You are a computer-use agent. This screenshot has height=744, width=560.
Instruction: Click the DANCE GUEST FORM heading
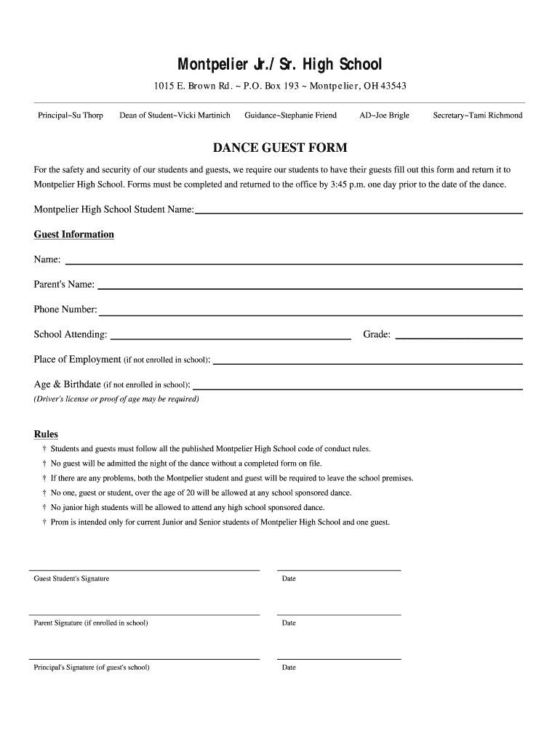pyautogui.click(x=280, y=148)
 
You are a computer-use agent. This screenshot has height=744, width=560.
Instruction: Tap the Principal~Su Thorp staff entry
pyautogui.click(x=71, y=116)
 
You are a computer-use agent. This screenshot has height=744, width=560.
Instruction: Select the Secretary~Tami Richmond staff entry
pyautogui.click(x=477, y=116)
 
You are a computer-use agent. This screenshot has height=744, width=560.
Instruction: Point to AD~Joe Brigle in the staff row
pyautogui.click(x=384, y=116)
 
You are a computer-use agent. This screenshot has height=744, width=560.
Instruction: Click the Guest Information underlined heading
pyautogui.click(x=74, y=235)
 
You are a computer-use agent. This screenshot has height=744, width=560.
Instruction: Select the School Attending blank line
pyautogui.click(x=230, y=339)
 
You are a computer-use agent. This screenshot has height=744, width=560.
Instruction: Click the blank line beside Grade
pyautogui.click(x=458, y=339)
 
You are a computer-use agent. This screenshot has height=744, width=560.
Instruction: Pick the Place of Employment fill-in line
pyautogui.click(x=367, y=363)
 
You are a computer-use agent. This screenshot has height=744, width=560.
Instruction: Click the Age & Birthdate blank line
pyautogui.click(x=357, y=389)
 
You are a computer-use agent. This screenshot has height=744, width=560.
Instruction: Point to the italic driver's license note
pyautogui.click(x=116, y=399)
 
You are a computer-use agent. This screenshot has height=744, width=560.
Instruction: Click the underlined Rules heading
pyautogui.click(x=46, y=434)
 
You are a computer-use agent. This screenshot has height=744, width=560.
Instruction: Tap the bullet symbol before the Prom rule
pyautogui.click(x=44, y=522)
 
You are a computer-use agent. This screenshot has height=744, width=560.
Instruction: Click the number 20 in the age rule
pyautogui.click(x=191, y=493)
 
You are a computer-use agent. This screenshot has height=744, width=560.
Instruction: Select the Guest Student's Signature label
pyautogui.click(x=72, y=578)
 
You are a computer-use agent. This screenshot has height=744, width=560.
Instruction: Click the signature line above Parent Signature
pyautogui.click(x=144, y=615)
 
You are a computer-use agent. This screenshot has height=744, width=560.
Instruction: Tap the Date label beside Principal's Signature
pyautogui.click(x=289, y=667)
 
